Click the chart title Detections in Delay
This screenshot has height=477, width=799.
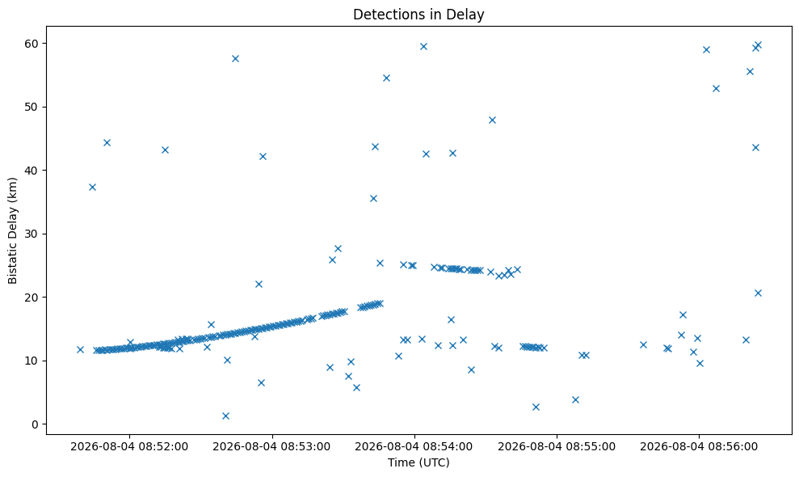418,15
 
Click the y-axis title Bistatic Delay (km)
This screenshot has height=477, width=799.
12,230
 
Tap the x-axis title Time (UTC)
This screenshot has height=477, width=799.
418,462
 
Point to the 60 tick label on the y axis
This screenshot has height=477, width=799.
32,44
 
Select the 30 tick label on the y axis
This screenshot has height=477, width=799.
32,234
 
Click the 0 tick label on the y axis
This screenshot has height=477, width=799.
36,424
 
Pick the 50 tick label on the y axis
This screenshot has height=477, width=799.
32,108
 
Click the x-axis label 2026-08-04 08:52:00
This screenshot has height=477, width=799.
129,447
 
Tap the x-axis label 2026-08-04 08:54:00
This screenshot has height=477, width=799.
414,447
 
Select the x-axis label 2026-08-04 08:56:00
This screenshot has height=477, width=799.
699,447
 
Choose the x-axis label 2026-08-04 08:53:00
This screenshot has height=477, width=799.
271,447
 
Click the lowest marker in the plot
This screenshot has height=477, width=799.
225,416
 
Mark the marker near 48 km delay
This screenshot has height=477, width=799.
492,120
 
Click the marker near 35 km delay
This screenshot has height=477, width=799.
373,198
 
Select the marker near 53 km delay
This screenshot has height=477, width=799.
716,88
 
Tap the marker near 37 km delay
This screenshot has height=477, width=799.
92,188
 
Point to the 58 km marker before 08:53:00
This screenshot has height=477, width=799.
235,59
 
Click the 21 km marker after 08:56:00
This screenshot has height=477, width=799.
758,293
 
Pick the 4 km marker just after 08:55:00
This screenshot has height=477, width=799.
575,399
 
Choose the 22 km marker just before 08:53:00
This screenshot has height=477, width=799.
259,284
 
